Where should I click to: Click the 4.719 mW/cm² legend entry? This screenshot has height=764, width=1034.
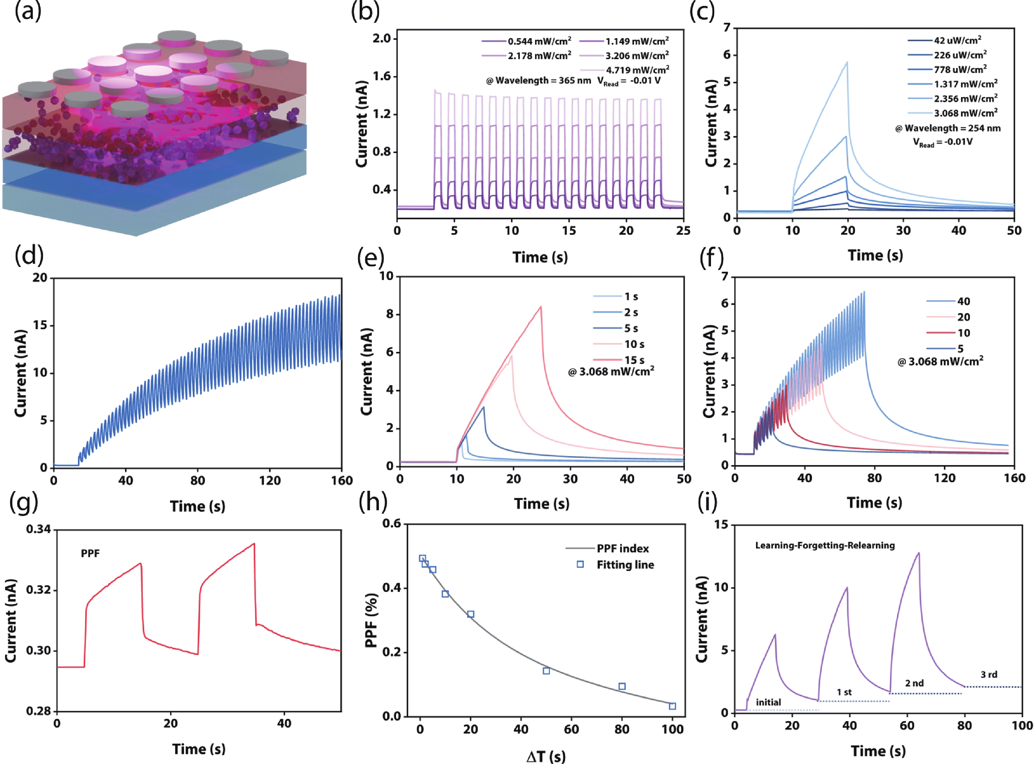(637, 70)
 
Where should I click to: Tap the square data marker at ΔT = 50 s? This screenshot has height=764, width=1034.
(546, 671)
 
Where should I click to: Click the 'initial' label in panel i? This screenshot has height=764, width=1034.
(768, 702)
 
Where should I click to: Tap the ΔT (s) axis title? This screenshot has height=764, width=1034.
(546, 756)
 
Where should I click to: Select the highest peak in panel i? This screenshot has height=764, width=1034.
(919, 553)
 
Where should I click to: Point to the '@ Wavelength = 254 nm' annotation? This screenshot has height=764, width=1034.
(947, 128)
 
